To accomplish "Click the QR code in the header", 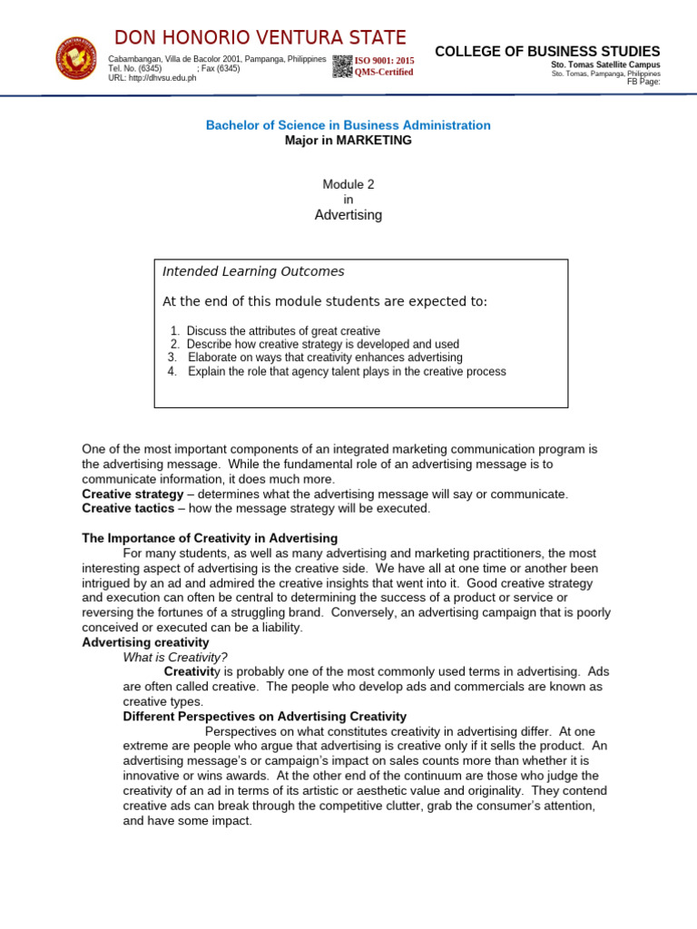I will (342, 66).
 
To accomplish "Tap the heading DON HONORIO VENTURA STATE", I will (260, 37).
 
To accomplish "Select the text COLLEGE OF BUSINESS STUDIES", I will (547, 52).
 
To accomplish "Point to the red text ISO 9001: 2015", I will (384, 61).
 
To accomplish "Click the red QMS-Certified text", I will (384, 73).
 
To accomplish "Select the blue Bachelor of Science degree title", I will (348, 125).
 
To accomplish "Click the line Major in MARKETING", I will (348, 141).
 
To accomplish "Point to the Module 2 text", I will (348, 184).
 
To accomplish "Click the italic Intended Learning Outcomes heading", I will (253, 271).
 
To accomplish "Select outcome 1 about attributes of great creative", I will (275, 331).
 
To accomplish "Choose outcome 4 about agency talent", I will (337, 372).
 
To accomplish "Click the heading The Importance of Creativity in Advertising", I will (210, 538).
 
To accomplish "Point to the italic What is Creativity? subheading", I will (175, 658).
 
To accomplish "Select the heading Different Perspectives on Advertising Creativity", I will (265, 717).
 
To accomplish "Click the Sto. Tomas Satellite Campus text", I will (605, 65).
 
